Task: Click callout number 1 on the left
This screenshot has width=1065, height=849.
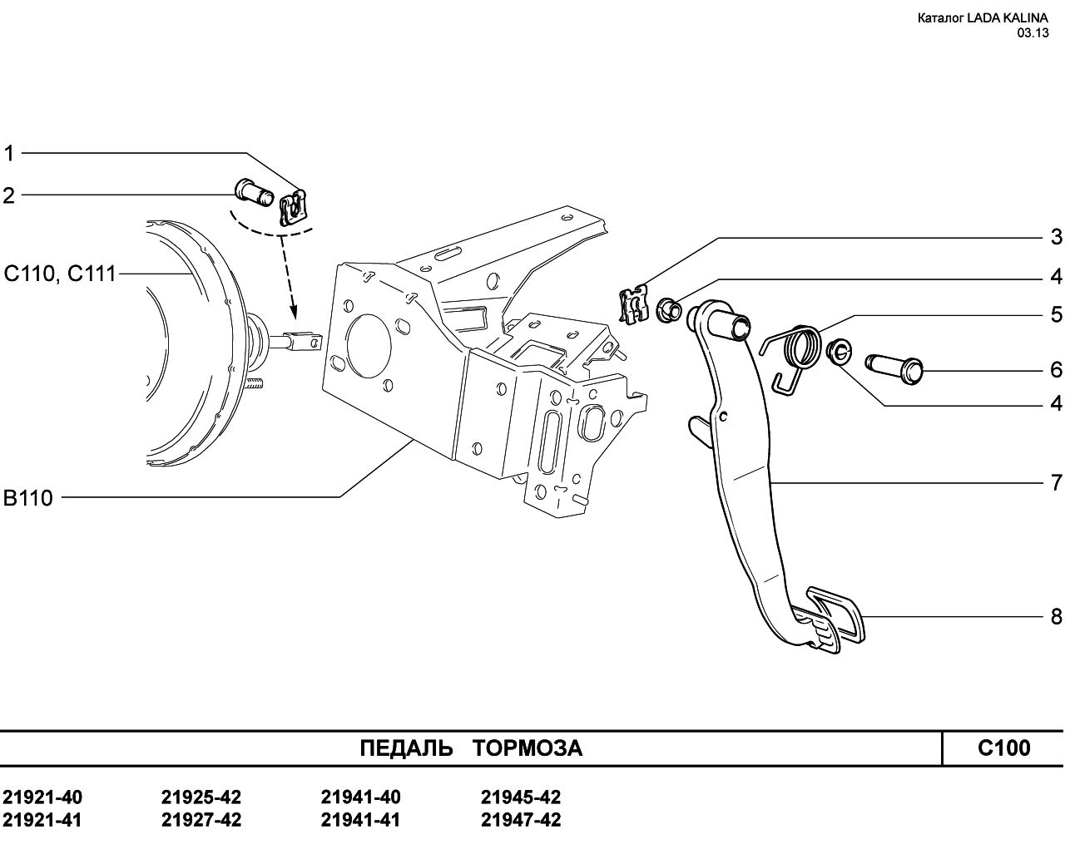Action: (9, 153)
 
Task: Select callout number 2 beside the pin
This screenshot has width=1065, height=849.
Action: (9, 195)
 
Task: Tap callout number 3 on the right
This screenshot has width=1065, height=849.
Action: (1056, 237)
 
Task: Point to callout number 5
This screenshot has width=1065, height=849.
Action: (1056, 315)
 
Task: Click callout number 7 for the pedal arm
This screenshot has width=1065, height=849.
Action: (1056, 482)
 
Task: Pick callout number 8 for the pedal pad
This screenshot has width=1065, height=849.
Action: (1056, 617)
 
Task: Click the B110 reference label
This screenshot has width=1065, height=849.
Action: (28, 498)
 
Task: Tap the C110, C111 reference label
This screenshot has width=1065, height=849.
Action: (60, 273)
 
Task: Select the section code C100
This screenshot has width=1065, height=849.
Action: (1003, 748)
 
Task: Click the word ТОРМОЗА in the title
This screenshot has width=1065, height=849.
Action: (528, 748)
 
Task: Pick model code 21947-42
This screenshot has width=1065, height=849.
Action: (521, 820)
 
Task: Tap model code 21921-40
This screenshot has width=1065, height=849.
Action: (42, 797)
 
